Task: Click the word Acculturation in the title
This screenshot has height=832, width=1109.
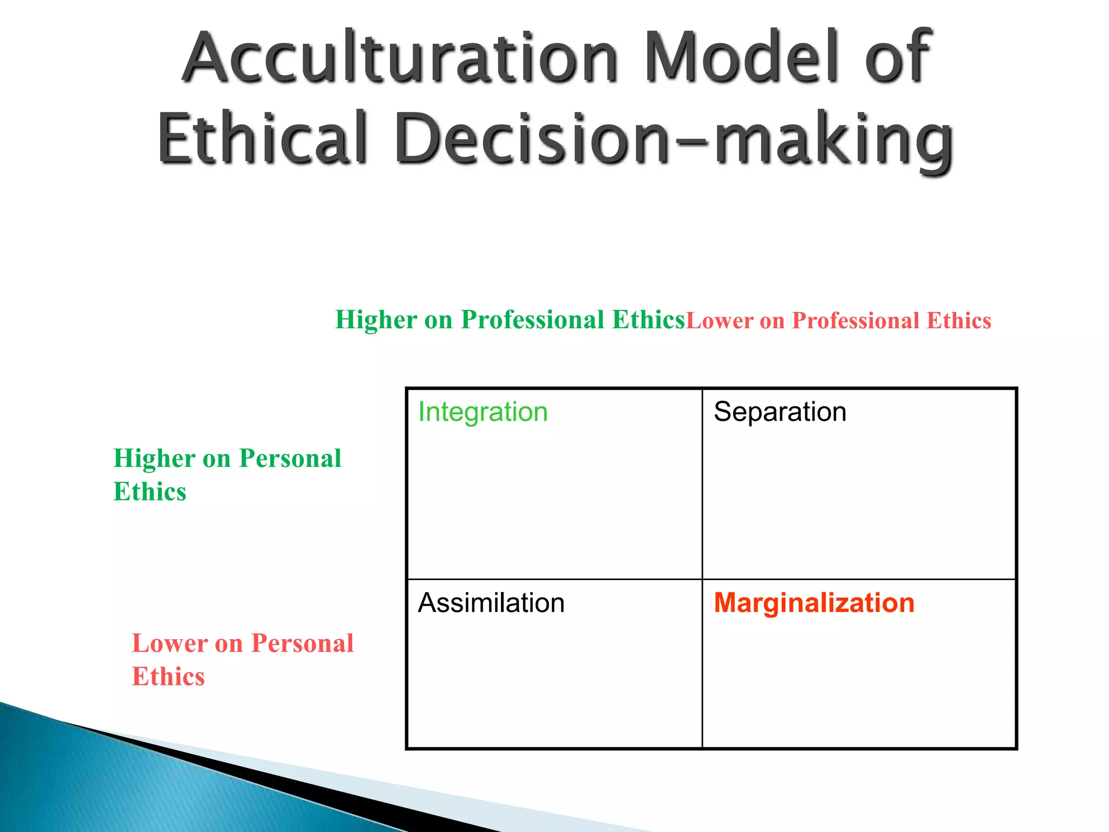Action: (400, 58)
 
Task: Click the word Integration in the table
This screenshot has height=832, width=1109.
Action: (483, 412)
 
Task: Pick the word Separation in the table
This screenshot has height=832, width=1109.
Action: (780, 412)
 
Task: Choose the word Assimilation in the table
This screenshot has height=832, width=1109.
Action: (491, 603)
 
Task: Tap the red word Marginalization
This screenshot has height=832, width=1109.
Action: (814, 603)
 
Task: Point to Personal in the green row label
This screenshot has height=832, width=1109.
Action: (290, 459)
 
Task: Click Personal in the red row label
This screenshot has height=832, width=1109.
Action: (302, 643)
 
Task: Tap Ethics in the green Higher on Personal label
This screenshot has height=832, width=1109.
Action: (150, 492)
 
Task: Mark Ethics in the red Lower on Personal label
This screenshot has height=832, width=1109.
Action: (168, 677)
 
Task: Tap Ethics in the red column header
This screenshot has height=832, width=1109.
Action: (958, 321)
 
